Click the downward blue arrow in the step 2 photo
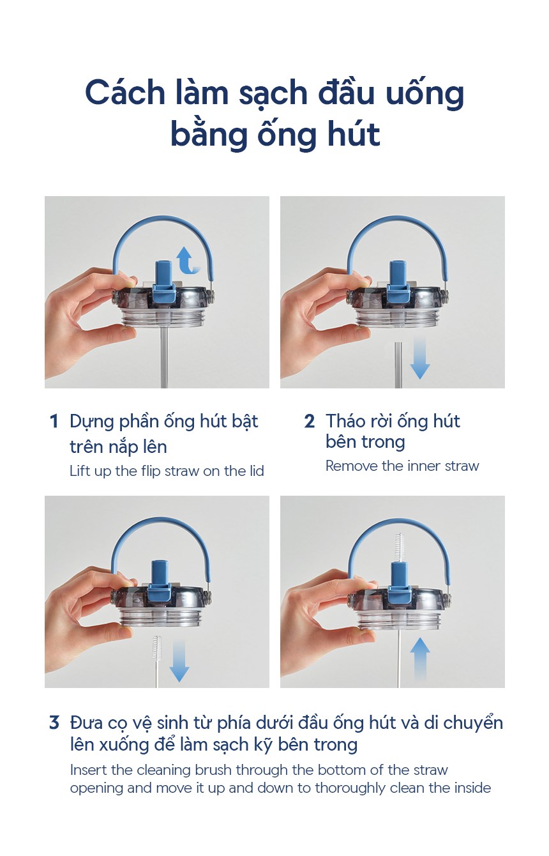point(419,357)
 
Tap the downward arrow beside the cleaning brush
point(179,661)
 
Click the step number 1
point(54,422)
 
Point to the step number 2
point(309,422)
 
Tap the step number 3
point(54,722)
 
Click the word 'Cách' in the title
point(125,93)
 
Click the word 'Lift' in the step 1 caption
point(79,471)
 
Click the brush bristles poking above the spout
point(400,547)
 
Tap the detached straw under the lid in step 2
point(398,365)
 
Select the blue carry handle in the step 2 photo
point(397,245)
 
